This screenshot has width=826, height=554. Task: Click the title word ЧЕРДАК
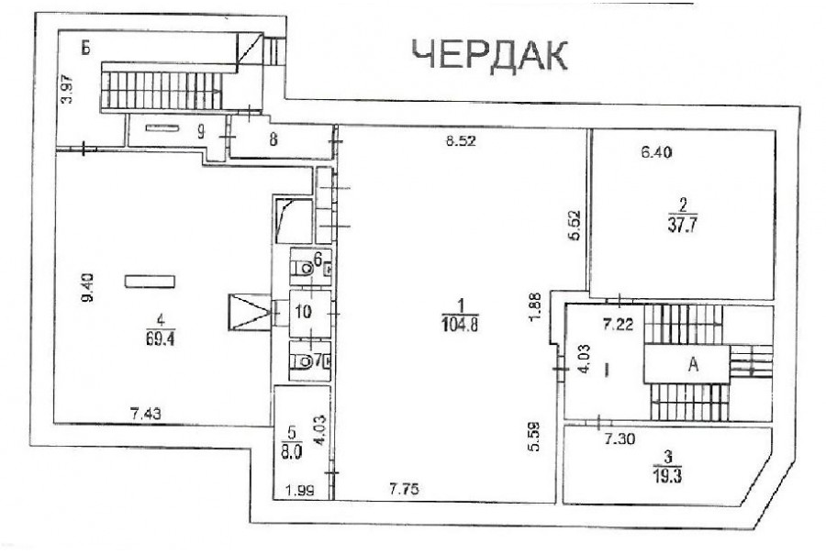(489, 55)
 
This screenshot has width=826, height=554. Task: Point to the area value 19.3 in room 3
(667, 477)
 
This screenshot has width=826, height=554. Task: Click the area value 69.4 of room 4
(160, 338)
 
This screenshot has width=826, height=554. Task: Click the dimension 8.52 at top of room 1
(461, 140)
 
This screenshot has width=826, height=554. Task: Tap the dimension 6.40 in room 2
(657, 153)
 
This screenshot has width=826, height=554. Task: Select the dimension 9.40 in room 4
(87, 287)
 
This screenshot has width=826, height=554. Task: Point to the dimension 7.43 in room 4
(146, 415)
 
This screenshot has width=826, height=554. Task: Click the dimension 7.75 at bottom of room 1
(405, 490)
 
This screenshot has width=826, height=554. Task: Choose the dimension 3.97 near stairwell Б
(66, 90)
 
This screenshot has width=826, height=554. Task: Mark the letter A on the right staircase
(693, 364)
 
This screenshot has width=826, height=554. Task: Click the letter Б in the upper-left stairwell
(86, 49)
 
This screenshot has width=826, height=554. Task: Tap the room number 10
(303, 312)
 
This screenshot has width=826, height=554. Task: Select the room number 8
(273, 139)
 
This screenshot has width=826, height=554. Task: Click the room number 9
(201, 132)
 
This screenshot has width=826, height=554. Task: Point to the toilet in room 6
(302, 269)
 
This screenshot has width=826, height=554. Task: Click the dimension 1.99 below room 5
(300, 491)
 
